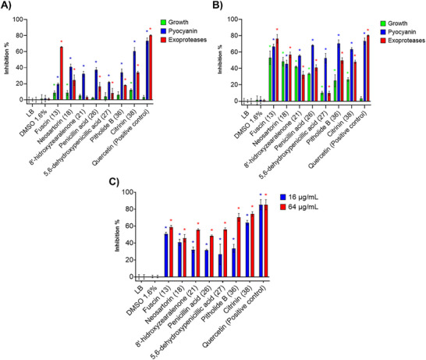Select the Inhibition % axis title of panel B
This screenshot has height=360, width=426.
(x=222, y=59)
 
